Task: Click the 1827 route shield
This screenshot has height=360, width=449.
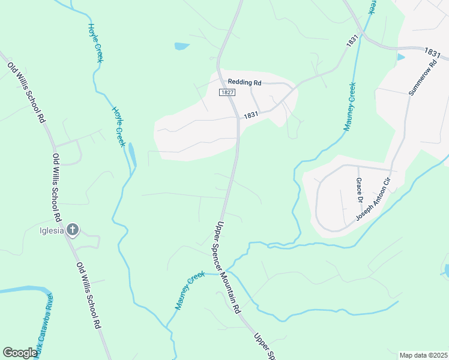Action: coord(226,92)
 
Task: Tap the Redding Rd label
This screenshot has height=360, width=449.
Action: coord(245,82)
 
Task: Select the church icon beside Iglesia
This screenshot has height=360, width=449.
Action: coord(73,229)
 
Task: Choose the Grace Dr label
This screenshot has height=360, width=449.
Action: coord(360,189)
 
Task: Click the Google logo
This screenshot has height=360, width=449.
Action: coord(20,353)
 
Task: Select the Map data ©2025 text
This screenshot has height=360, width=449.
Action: coord(424,355)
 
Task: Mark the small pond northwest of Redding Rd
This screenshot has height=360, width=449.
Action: coord(181,46)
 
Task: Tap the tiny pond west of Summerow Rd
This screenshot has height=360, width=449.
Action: coord(401,57)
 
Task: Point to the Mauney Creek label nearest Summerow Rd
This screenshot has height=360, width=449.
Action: coord(351,106)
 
